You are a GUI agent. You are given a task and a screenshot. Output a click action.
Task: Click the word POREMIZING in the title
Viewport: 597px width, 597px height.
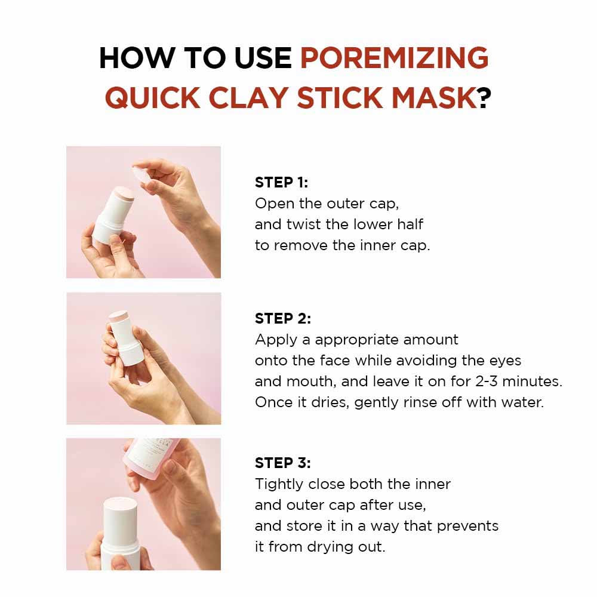point(394,58)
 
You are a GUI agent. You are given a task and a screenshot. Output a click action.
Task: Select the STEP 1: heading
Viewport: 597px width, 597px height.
point(281,183)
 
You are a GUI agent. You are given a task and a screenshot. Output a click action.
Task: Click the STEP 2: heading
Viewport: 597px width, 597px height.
point(282,319)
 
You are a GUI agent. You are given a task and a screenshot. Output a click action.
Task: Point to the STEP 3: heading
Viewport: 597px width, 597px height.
point(282,463)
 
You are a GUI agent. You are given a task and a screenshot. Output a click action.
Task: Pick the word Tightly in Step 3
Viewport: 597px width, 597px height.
point(279,484)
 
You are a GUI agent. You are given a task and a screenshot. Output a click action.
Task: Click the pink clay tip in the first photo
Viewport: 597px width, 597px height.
point(124,195)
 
